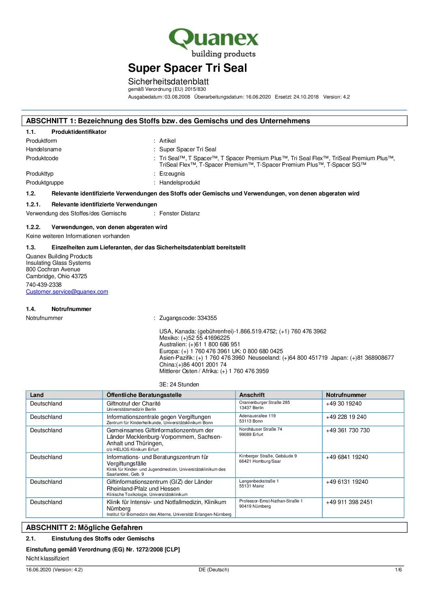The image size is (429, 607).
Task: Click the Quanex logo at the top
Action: pyautogui.click(x=213, y=43)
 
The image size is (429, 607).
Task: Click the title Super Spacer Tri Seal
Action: pyautogui.click(x=187, y=68)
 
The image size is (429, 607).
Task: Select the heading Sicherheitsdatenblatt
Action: pyautogui.click(x=168, y=82)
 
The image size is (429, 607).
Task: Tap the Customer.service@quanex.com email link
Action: pyautogui.click(x=67, y=292)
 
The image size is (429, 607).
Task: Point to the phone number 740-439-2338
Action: pyautogui.click(x=44, y=285)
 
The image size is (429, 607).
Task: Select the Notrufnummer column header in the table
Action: pyautogui.click(x=346, y=395)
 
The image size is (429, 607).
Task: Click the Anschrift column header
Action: pyautogui.click(x=252, y=395)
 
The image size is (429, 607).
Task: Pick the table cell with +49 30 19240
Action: pyautogui.click(x=343, y=403)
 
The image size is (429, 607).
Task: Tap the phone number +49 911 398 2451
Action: pyautogui.click(x=349, y=502)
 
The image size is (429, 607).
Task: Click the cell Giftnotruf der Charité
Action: pyautogui.click(x=133, y=403)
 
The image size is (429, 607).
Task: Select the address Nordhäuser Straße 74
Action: pyautogui.click(x=260, y=429)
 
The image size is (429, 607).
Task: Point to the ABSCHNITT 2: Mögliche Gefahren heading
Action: pyautogui.click(x=84, y=528)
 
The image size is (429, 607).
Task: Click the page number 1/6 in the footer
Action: pyautogui.click(x=399, y=570)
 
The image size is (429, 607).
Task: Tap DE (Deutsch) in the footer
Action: pyautogui.click(x=214, y=570)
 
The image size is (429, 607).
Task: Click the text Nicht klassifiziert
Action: pyautogui.click(x=47, y=558)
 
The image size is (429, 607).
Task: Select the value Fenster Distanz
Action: pyautogui.click(x=179, y=213)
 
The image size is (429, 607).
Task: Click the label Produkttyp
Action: pyautogui.click(x=40, y=174)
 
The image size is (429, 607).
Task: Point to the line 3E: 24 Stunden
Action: pyautogui.click(x=179, y=384)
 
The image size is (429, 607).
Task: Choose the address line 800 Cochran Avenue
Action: pyautogui.click(x=53, y=269)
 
